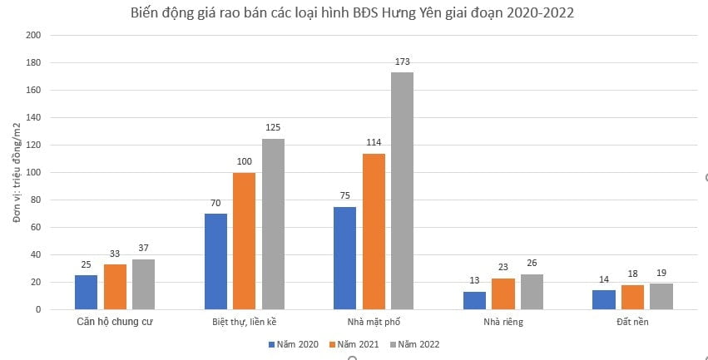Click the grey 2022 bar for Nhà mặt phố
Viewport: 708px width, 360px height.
(x=402, y=190)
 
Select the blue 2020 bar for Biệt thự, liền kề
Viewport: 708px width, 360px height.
(x=215, y=261)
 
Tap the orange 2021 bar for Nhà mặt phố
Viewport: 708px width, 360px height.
(x=374, y=231)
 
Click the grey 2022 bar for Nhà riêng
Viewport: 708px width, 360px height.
(x=532, y=292)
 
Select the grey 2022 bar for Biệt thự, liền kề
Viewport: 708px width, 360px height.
(x=273, y=224)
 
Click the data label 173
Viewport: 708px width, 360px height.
(x=403, y=62)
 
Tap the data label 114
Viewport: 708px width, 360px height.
(x=374, y=143)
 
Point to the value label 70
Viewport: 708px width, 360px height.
(x=215, y=203)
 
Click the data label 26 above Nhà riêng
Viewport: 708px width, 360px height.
(x=532, y=264)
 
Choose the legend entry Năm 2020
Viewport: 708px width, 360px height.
(x=293, y=343)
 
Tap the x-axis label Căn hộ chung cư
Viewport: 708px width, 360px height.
(x=114, y=320)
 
